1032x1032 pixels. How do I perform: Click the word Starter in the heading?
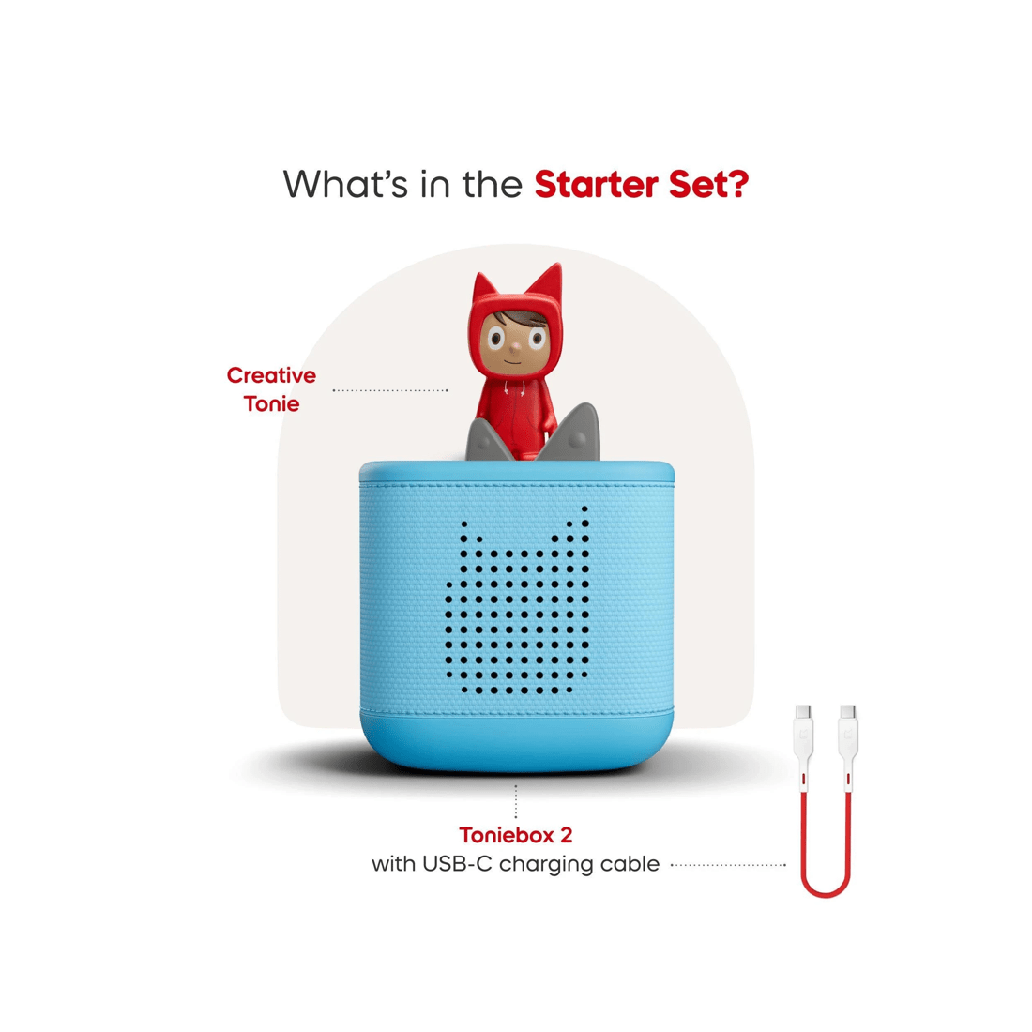(597, 184)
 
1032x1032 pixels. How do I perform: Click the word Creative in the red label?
(271, 375)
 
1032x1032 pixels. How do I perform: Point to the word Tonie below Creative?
(271, 403)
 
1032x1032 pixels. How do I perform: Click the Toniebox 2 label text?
(515, 835)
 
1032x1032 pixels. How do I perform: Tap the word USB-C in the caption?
(457, 863)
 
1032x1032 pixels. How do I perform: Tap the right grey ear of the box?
(571, 433)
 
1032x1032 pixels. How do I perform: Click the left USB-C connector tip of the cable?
(804, 712)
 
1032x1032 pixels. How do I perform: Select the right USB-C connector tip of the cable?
(848, 712)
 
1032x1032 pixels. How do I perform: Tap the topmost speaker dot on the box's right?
(584, 508)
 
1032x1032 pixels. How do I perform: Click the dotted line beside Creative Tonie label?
(390, 390)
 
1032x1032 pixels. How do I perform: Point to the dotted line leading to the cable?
(729, 865)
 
